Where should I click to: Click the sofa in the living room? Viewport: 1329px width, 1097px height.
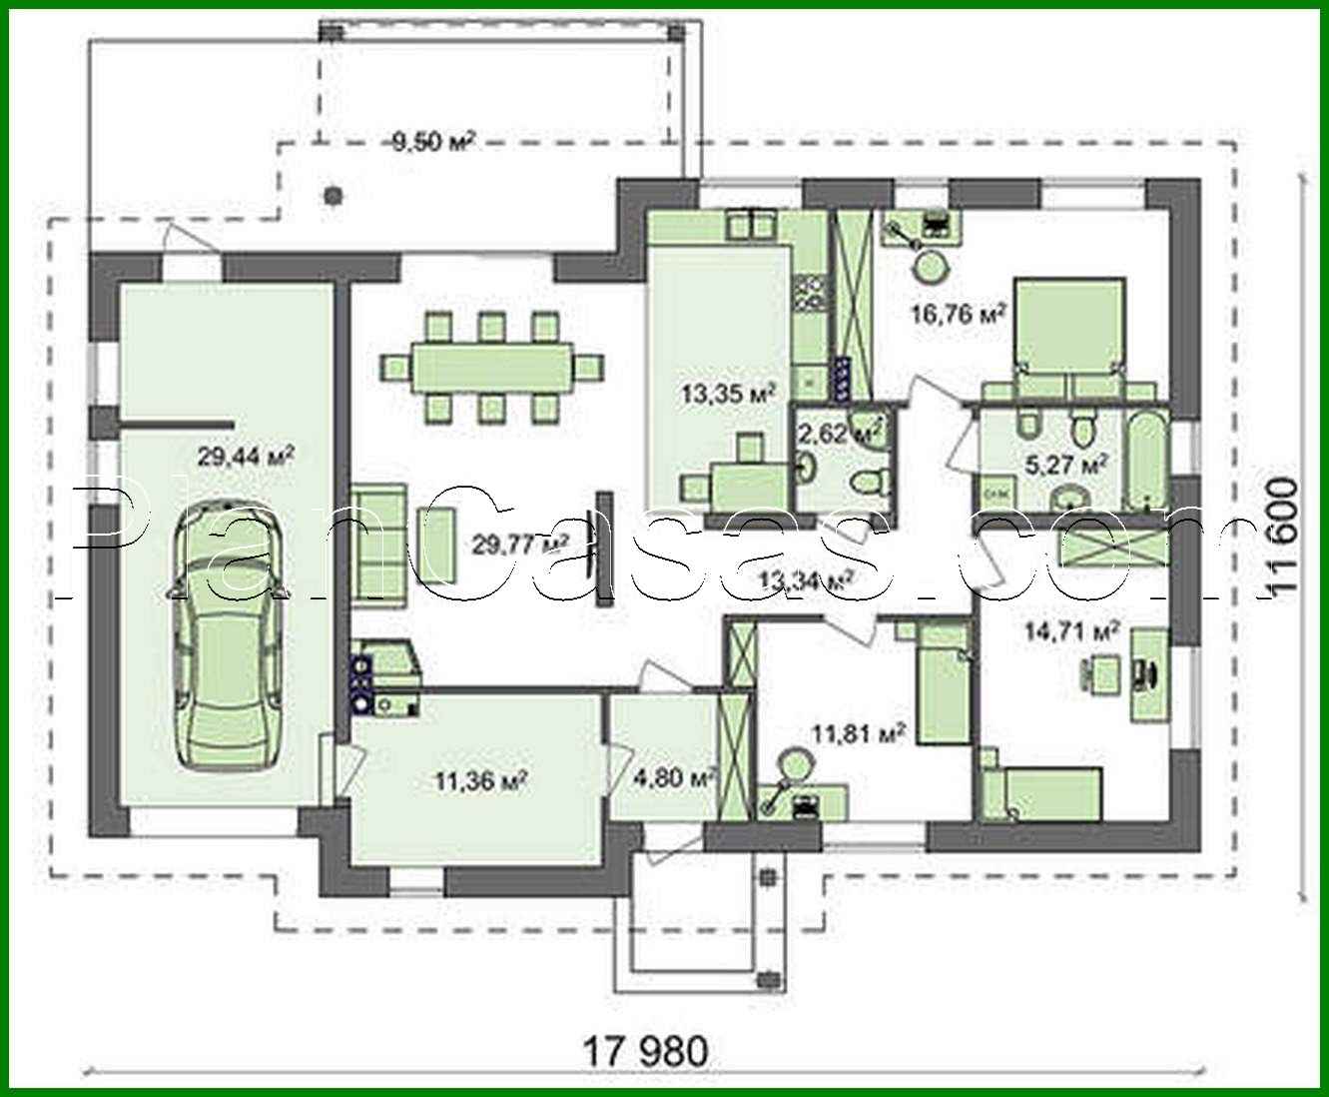click(379, 545)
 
